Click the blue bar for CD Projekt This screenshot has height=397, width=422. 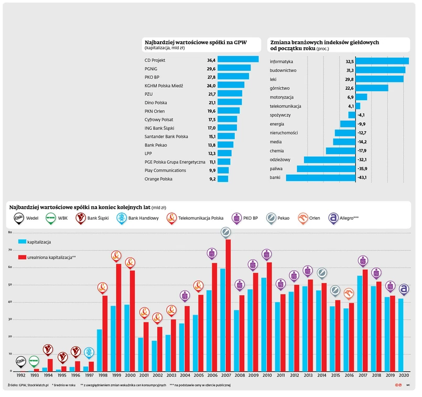click(x=238, y=59)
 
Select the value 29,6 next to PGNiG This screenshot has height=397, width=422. click(x=211, y=68)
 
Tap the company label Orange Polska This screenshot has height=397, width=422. click(x=158, y=179)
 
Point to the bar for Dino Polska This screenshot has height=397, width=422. click(x=230, y=102)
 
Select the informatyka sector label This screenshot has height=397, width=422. click(x=281, y=61)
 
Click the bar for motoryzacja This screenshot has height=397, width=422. click(x=361, y=97)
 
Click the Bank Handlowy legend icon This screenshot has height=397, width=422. click(x=121, y=217)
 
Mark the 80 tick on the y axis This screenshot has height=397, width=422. click(x=9, y=232)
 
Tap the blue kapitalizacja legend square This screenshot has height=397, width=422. click(x=22, y=242)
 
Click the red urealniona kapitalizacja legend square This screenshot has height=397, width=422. click(x=22, y=257)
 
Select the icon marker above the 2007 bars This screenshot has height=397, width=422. click(x=225, y=232)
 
